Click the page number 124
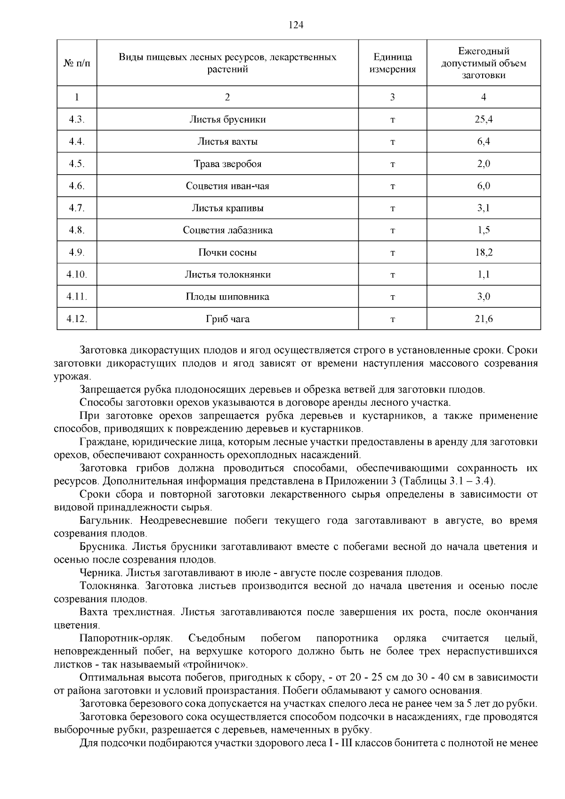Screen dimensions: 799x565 [296, 25]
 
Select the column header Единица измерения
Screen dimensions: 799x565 [392, 63]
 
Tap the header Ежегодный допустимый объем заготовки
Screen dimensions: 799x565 [484, 63]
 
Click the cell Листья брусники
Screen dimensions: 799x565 [227, 120]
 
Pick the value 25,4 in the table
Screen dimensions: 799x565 [484, 120]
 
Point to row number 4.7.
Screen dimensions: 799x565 [76, 208]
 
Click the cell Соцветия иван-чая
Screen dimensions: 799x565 [227, 186]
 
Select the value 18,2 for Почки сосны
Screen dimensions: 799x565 [484, 252]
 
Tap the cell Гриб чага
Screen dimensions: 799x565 [227, 319]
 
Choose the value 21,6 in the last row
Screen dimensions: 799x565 [484, 319]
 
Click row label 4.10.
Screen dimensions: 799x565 [76, 274]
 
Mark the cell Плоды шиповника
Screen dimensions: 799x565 [227, 297]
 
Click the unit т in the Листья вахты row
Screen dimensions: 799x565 [392, 142]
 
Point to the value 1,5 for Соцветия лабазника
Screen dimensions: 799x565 [484, 230]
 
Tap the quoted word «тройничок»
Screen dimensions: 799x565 [222, 665]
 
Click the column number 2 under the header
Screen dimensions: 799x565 [227, 97]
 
